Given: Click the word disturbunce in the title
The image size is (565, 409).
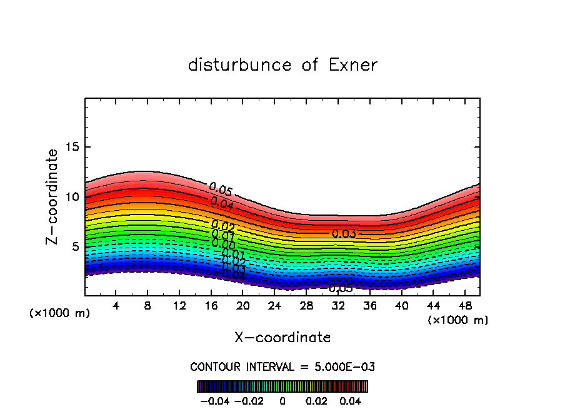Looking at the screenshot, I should point(240,65).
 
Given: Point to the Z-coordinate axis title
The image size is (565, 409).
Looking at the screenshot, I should point(52,196).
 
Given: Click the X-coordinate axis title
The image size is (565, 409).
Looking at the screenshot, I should point(282,338).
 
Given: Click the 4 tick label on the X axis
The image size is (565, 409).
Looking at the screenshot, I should point(116,306).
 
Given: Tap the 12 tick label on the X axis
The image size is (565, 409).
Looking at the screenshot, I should point(179,306).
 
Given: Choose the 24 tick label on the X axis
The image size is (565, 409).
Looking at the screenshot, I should point(274,306).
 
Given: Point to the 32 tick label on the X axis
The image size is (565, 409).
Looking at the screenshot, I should point(338,306).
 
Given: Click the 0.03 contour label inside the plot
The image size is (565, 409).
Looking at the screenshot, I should point(344,234).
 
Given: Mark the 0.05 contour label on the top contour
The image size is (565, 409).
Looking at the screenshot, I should point(221,189).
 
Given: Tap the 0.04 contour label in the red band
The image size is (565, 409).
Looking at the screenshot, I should point(222,203).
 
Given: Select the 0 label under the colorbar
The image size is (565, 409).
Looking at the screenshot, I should point(282,400).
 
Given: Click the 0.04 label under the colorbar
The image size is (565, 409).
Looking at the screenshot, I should point(350,400).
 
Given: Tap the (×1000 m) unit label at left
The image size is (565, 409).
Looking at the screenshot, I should point(60,313).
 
